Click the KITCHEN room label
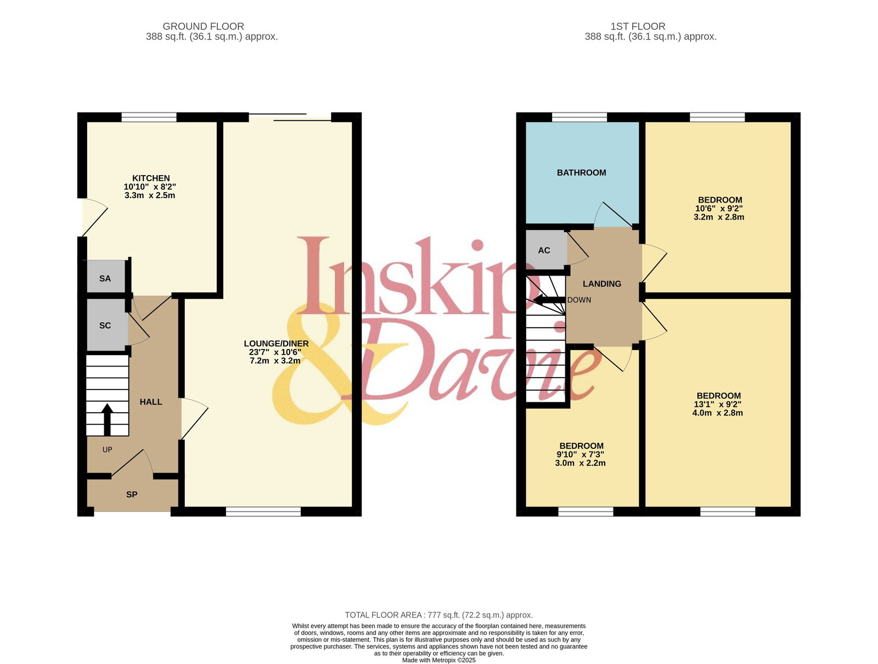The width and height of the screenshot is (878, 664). [151, 178]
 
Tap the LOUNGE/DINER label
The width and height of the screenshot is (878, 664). [276, 343]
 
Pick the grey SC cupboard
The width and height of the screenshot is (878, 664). [106, 325]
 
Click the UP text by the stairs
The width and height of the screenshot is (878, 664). [107, 449]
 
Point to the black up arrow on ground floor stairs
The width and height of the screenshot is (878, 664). [107, 419]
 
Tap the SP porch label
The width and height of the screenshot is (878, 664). [132, 494]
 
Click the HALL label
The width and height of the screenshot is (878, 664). [151, 402]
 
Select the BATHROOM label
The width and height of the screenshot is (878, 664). [581, 172]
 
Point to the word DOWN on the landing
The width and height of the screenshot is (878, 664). [579, 300]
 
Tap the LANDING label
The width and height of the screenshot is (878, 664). [601, 284]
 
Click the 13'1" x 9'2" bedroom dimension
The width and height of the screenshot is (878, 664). [718, 404]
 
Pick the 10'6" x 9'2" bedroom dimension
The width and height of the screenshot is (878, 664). [719, 208]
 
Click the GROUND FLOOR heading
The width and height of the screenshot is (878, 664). [203, 26]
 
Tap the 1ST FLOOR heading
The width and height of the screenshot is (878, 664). [638, 26]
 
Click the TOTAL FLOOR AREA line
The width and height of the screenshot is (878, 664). [439, 615]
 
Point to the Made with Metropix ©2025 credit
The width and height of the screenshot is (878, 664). [439, 660]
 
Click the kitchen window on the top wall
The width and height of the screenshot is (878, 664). [149, 117]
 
